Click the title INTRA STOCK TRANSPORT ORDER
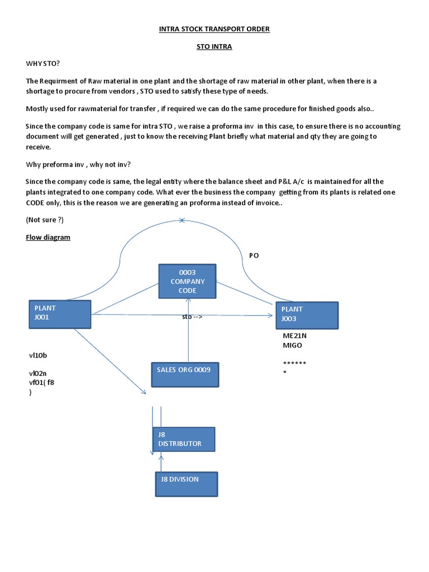click(214, 29)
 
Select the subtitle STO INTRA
click(214, 47)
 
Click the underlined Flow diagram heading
click(48, 237)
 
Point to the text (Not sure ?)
click(45, 220)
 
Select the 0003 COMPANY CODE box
click(188, 281)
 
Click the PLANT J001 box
click(60, 314)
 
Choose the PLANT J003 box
click(307, 316)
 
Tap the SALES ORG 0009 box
click(185, 374)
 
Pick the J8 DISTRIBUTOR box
click(183, 439)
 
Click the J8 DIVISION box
click(186, 484)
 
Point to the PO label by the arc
click(254, 255)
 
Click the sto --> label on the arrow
click(192, 317)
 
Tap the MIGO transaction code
click(293, 345)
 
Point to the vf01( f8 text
click(42, 382)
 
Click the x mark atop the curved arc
click(182, 221)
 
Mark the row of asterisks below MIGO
click(294, 364)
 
